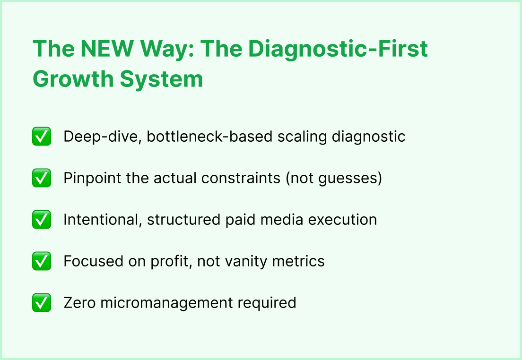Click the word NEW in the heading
click(107, 49)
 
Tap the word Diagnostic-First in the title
click(338, 49)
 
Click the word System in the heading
click(161, 80)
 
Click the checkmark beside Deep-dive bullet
click(42, 137)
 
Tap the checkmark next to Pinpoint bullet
click(42, 178)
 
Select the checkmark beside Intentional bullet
click(42, 220)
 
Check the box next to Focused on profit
click(42, 261)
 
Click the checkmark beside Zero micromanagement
click(42, 303)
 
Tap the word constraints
click(241, 178)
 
